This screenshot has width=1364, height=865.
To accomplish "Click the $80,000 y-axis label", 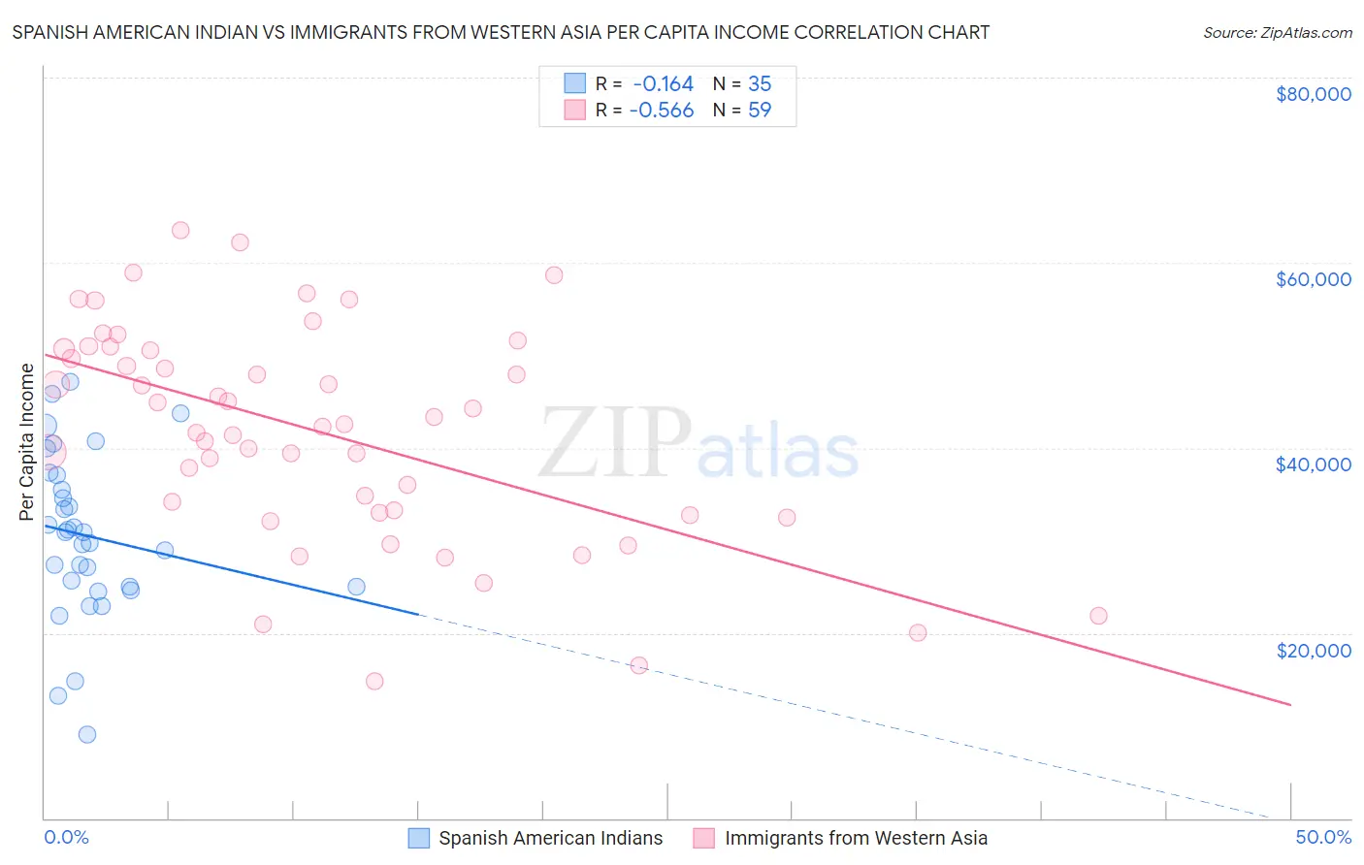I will pos(1313,94).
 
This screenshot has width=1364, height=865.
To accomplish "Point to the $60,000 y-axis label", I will pos(1313,279).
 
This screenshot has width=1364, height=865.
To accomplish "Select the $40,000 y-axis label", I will pos(1313,465).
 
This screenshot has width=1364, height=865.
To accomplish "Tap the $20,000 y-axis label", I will pos(1313,650).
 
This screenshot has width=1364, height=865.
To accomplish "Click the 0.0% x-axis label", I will pos(66,837).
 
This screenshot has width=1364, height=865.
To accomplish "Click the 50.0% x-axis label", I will pos(1323,837).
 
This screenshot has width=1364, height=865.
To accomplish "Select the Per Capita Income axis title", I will pos(27,441).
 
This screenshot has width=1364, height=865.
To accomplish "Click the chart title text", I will pos(501,32).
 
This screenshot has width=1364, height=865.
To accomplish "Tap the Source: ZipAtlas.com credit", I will pos(1277,32).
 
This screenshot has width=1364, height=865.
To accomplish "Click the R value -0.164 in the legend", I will pos(663,83).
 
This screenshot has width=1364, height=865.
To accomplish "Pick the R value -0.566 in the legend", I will pos(662,110).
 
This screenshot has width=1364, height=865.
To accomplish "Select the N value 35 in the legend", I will pos(760,83).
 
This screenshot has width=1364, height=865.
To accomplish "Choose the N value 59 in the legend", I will pos(760,110).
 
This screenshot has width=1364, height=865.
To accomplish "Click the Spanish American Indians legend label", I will pos(550,838).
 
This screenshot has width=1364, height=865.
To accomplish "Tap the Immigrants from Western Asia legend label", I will pos(856,838).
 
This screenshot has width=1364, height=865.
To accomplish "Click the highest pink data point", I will pos(180,231).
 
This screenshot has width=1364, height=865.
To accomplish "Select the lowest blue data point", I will pos(87,734).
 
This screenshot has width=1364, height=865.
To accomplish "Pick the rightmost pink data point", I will pos(1098,616).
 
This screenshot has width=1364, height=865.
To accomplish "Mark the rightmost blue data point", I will pos(356,587).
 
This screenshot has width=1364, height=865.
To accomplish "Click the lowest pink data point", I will pos(374,681).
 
